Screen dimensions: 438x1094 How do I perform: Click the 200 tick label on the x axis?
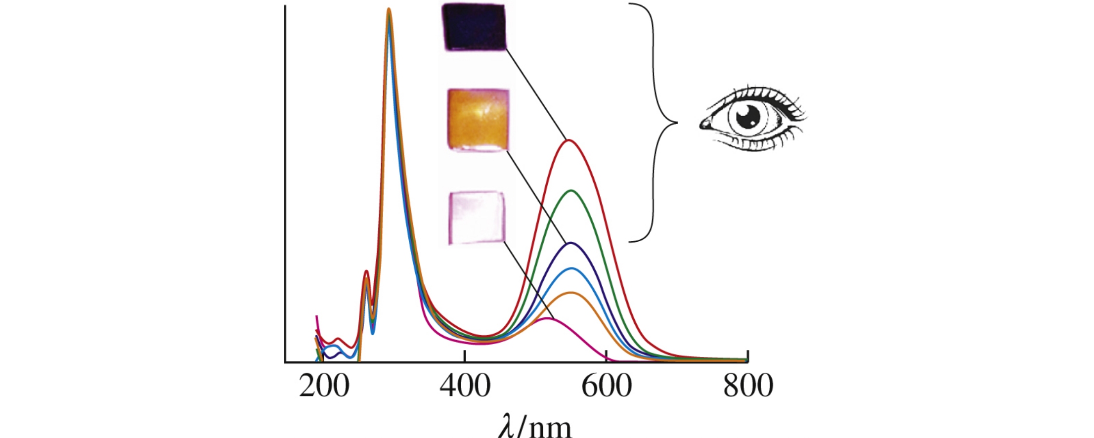tap(324, 387)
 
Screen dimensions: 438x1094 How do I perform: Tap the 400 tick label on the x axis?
tap(465, 387)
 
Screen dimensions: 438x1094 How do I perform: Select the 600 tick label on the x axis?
tap(606, 387)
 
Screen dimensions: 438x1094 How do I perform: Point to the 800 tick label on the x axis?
tap(748, 387)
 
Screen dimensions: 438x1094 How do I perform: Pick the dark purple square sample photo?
tap(474, 27)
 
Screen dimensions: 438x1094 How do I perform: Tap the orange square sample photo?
tap(478, 119)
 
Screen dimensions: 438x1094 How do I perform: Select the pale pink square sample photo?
tap(477, 218)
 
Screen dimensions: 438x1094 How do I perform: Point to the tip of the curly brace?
tap(676, 123)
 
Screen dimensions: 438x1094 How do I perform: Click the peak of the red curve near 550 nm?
tap(569, 140)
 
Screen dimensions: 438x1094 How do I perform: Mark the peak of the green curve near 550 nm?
tap(571, 190)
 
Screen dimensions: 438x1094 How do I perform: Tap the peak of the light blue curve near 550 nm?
tap(572, 268)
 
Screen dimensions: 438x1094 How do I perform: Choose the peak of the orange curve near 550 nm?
tap(571, 293)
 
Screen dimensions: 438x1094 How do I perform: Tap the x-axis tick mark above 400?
tap(465, 356)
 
